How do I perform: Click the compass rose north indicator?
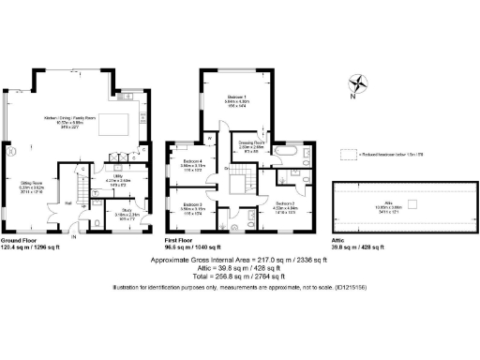(x=352, y=83)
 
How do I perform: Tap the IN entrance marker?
(x=74, y=235)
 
